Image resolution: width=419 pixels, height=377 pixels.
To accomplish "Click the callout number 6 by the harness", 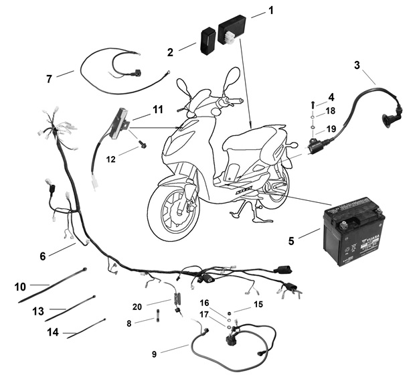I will [x=42, y=256].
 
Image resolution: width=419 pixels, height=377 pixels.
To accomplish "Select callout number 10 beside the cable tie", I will [x=21, y=286].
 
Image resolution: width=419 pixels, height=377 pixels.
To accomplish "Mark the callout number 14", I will [x=53, y=331].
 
